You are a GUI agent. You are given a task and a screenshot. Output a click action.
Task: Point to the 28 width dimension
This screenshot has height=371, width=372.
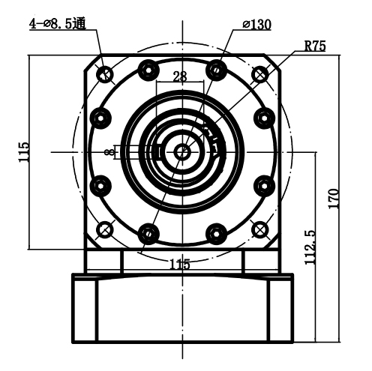[180, 76]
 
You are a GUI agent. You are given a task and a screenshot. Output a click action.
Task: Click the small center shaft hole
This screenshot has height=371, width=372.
[182, 151]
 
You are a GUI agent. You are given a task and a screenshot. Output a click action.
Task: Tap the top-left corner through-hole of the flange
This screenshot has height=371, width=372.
[105, 73]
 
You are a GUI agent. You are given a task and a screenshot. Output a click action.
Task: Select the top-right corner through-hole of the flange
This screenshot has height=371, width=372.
[260, 73]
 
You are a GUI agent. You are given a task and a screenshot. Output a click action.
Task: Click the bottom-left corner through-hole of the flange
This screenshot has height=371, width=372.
[105, 229]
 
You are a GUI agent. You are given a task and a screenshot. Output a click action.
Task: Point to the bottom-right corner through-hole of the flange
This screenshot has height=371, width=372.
[260, 229]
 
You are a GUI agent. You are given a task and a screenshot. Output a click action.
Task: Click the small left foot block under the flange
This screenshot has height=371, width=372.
[103, 260]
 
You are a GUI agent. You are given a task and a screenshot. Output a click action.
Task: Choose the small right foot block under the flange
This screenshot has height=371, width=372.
[262, 260]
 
